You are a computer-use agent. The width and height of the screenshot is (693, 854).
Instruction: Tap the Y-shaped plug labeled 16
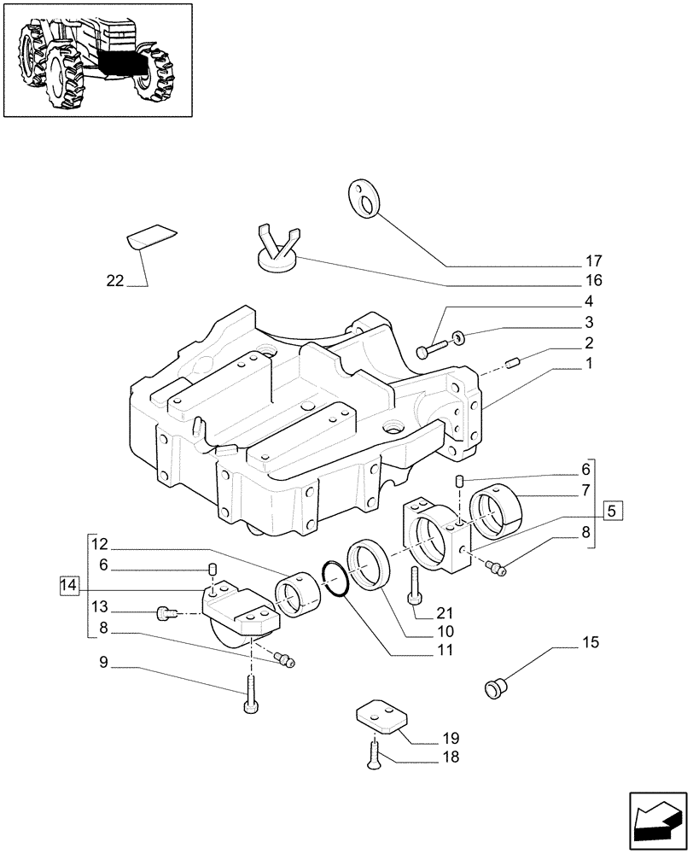278,250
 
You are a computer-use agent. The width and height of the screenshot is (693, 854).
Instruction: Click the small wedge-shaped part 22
151,238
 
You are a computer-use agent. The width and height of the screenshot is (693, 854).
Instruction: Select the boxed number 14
70,586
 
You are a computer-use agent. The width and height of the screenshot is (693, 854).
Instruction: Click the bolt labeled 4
432,348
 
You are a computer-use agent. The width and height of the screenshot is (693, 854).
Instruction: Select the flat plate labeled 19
381,717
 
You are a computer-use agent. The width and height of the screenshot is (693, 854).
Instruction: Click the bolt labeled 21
415,584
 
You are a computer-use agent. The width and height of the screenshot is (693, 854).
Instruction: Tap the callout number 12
100,544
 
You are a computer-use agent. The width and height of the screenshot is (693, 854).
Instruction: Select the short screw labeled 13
165,611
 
